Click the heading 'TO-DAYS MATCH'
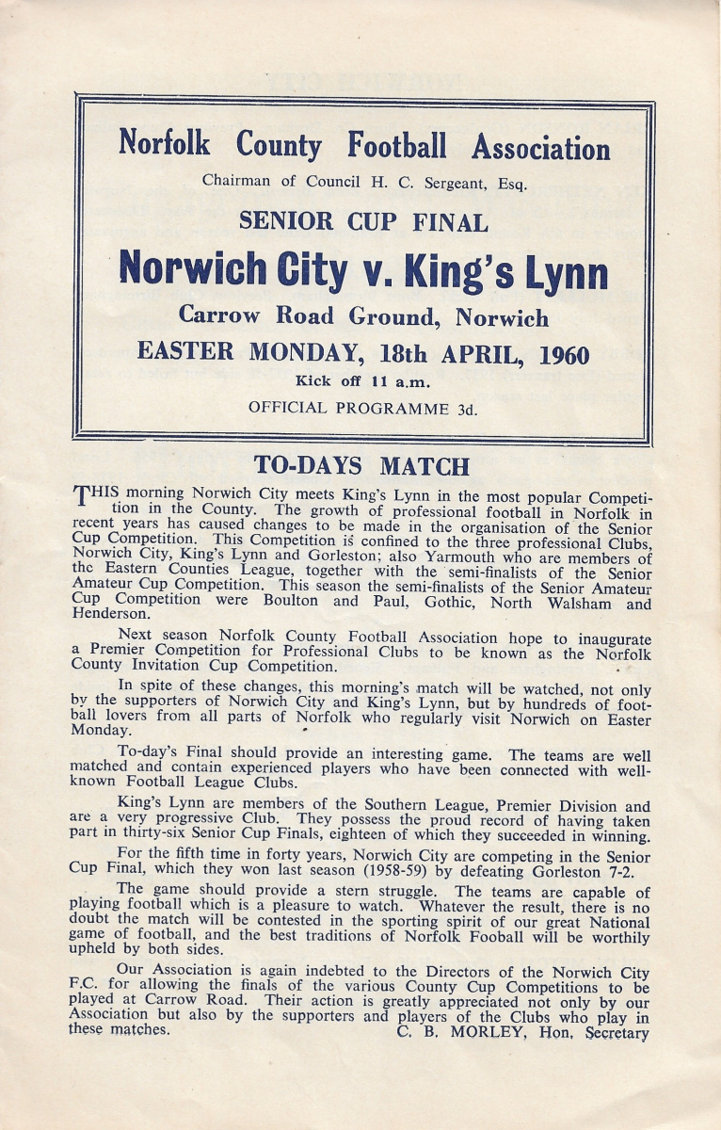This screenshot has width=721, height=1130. (362, 466)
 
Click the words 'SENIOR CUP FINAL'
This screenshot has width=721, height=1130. (362, 222)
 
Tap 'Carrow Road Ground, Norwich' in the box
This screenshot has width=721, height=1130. (362, 317)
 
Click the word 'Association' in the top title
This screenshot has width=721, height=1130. (540, 148)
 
